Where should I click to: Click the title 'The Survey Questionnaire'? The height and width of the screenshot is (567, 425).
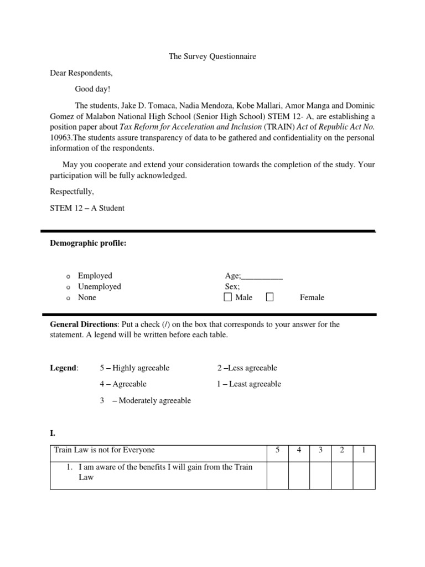click(x=212, y=56)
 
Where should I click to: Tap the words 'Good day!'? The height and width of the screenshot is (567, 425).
click(x=93, y=89)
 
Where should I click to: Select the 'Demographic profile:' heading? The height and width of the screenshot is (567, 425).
click(x=89, y=243)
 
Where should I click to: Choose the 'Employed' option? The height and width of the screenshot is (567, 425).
click(x=95, y=276)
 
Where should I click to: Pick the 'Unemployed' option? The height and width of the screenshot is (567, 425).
click(x=99, y=287)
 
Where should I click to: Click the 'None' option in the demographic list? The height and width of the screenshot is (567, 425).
click(x=87, y=298)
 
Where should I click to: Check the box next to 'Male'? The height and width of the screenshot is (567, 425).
click(x=228, y=297)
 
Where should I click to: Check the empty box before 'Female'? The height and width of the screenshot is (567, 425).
click(x=269, y=297)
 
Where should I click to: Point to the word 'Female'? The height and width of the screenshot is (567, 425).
click(x=312, y=298)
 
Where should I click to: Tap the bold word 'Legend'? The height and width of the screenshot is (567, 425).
click(x=64, y=368)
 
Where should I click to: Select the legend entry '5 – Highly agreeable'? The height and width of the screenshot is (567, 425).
click(x=134, y=368)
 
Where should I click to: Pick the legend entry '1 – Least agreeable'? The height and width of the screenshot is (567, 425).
click(x=249, y=384)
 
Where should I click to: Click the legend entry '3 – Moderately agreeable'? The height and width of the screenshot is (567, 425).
click(x=145, y=401)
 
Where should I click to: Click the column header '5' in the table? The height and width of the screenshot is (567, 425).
click(x=277, y=450)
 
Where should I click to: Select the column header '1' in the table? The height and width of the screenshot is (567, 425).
click(x=364, y=450)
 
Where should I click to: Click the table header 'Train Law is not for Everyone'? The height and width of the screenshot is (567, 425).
click(x=104, y=450)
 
